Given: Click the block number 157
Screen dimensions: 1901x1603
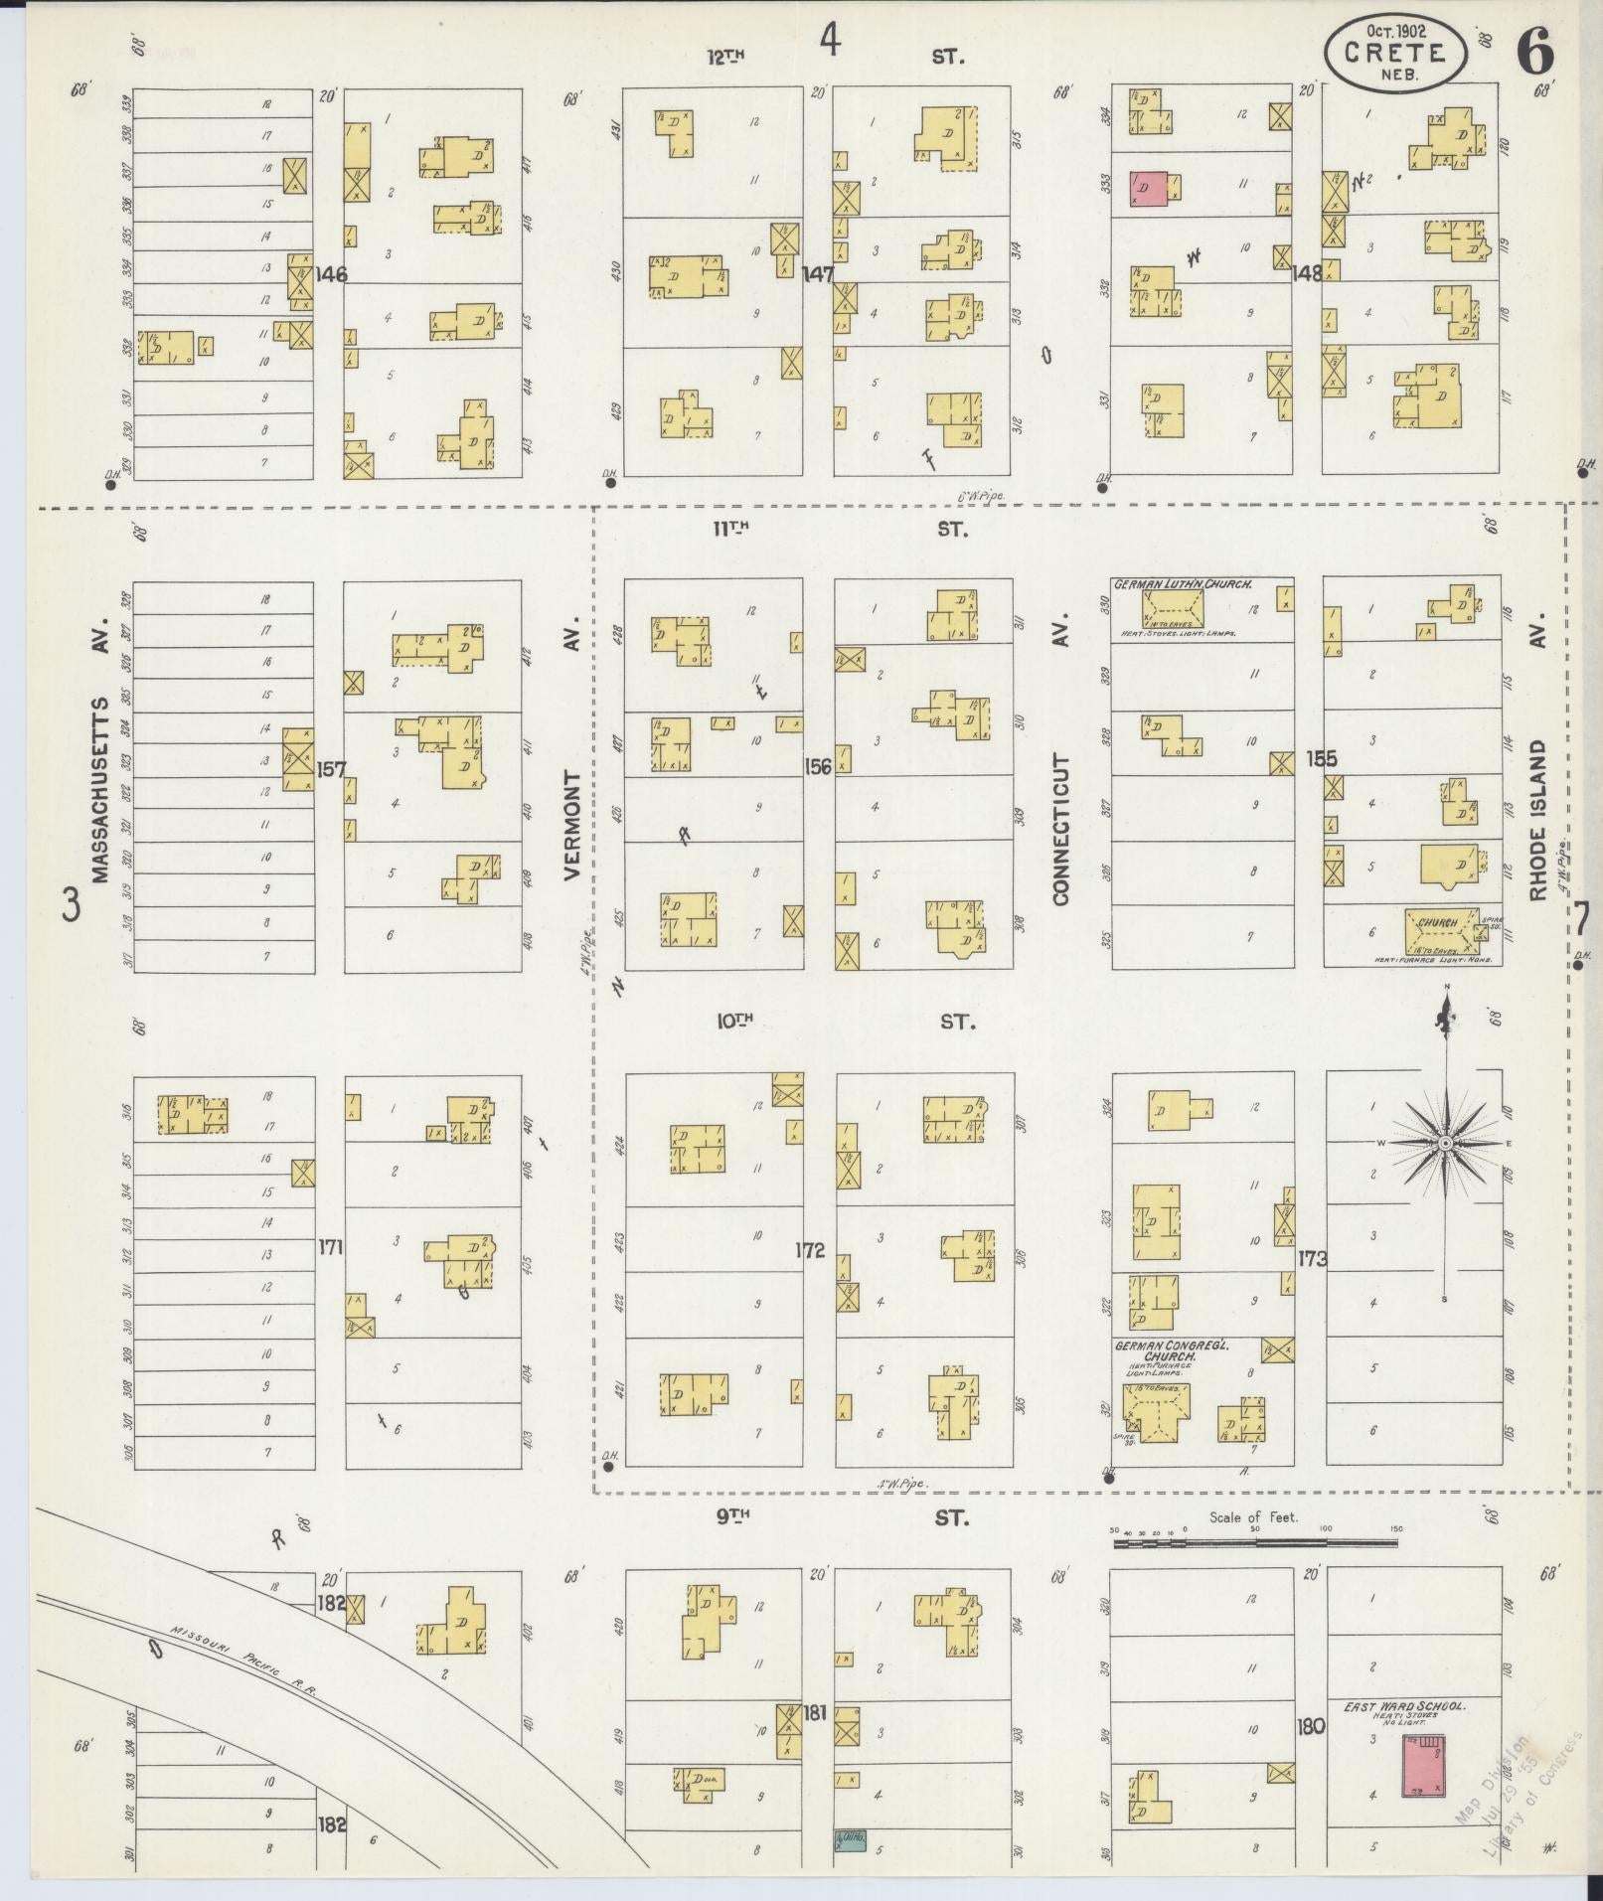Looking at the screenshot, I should tap(331, 768).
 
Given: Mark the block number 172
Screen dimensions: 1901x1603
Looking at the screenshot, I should tap(810, 1250).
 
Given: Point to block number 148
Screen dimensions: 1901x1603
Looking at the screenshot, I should tap(1307, 272).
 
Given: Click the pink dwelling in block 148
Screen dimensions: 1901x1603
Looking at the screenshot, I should tap(1149, 188).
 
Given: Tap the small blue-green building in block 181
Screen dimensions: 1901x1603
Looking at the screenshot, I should tap(848, 1840).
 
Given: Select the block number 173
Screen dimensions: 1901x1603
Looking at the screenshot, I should tap(1312, 1259).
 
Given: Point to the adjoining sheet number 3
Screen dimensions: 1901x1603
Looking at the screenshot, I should tap(70, 904).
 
